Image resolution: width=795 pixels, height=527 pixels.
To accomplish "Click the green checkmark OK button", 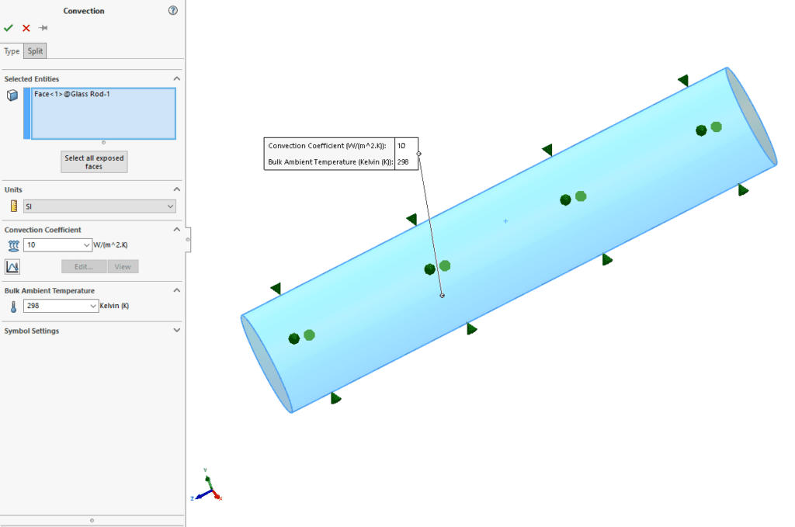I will point(9,28).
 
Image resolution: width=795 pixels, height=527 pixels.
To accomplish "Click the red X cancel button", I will point(26,28).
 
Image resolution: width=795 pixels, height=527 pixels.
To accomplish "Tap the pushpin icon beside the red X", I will point(43,28).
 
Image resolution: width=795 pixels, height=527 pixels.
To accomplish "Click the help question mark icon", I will point(172,11).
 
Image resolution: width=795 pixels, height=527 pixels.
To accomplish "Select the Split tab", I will point(36,51).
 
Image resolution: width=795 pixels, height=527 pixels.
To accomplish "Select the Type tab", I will point(12,51).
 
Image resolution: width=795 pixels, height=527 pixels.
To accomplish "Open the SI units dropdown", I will point(99,206).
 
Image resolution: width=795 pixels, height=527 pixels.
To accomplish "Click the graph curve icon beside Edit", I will point(12,267).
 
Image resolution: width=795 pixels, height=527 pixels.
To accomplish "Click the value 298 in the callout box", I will point(404,162).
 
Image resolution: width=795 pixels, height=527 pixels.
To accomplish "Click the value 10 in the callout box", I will point(402,146).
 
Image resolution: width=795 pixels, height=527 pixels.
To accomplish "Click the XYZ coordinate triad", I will point(206,487).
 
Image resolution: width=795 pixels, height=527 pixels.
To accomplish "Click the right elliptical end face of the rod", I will point(752,116).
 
